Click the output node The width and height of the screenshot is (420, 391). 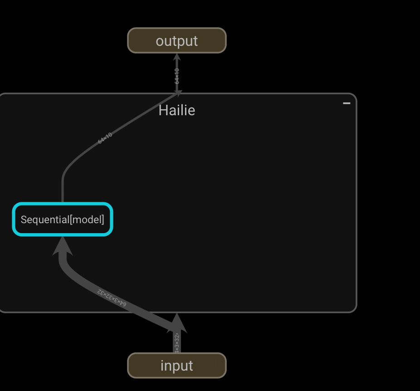pos(176,41)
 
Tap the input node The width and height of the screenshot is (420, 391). pos(176,366)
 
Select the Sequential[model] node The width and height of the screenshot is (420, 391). pos(63,220)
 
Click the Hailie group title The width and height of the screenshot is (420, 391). pos(176,110)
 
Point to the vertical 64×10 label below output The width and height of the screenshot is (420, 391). pos(177,76)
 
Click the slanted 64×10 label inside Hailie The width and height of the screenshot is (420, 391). pos(105,138)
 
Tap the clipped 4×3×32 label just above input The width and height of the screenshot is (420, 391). pos(177,342)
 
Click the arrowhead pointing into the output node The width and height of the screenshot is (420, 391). pos(177,57)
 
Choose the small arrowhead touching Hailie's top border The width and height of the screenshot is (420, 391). pos(178,93)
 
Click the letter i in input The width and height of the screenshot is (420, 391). pos(162,366)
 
